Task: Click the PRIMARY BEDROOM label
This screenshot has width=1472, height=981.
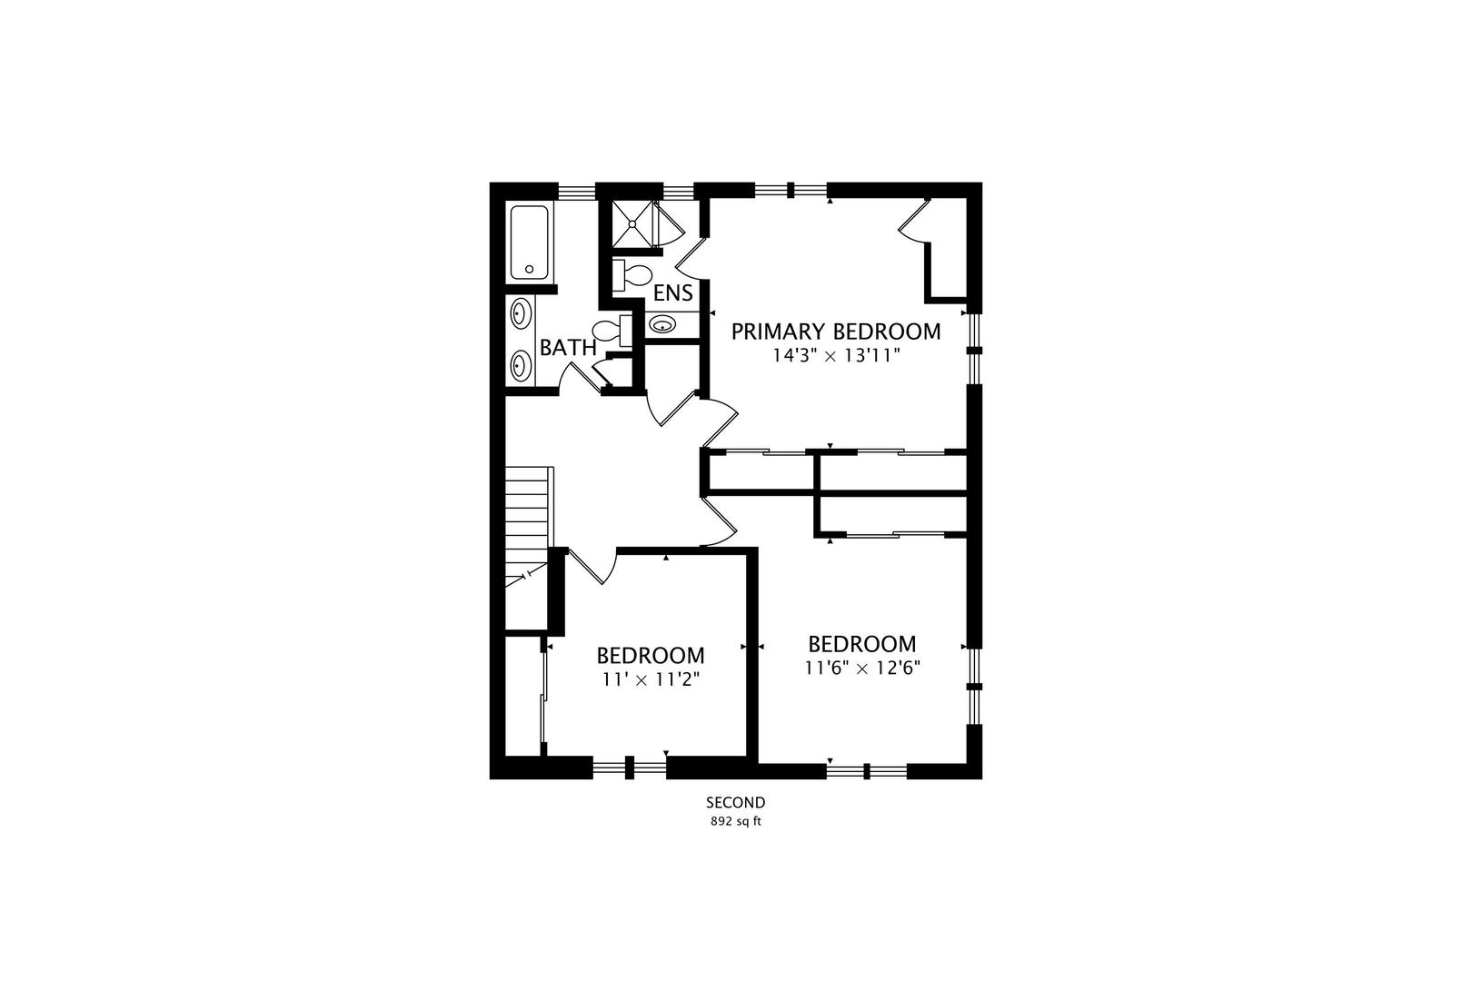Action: (x=836, y=332)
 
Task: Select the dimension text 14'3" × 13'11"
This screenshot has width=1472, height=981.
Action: (x=836, y=356)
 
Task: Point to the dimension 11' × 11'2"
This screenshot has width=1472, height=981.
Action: (x=650, y=679)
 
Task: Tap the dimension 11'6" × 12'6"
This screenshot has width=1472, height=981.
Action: (x=862, y=668)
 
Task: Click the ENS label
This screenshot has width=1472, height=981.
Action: (x=673, y=293)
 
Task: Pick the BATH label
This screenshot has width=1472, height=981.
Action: (x=568, y=347)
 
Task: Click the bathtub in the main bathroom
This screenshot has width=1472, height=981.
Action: (x=529, y=243)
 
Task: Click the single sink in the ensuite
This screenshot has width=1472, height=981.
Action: (x=662, y=324)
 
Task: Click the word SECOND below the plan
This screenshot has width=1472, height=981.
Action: (x=735, y=803)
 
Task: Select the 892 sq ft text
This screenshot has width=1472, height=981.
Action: (x=735, y=822)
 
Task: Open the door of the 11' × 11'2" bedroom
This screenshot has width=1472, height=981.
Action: (x=592, y=567)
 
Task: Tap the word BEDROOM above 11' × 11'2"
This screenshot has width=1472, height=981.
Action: (x=650, y=656)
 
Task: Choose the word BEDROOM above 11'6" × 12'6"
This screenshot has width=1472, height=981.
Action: (x=862, y=645)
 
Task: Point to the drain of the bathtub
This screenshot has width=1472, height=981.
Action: (x=529, y=269)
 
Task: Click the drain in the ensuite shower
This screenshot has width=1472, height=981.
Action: (x=633, y=223)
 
